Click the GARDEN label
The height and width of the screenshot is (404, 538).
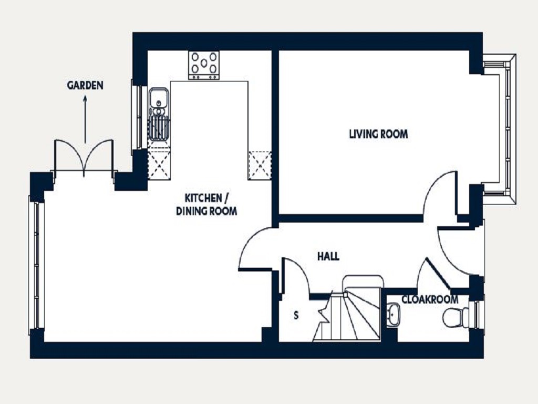(x=85, y=85)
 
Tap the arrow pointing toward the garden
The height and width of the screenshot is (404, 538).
(x=85, y=118)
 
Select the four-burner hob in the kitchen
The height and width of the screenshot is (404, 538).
(x=204, y=65)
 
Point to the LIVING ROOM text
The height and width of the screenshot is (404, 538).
(x=378, y=134)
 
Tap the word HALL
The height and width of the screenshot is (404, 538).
(x=328, y=257)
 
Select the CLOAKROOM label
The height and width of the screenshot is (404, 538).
(x=430, y=300)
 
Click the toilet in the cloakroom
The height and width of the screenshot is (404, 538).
(x=456, y=318)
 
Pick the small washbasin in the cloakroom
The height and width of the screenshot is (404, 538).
(x=393, y=316)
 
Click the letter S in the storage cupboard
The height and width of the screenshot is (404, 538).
(x=296, y=316)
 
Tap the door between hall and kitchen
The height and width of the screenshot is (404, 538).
(x=255, y=247)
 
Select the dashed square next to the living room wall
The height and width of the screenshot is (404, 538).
(x=260, y=165)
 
